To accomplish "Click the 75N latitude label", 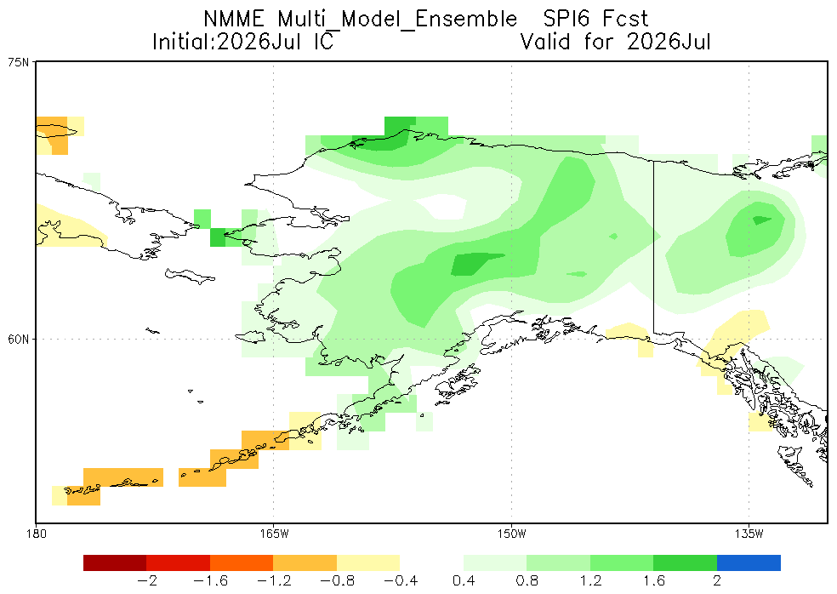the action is (19, 62).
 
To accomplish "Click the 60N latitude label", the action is (19, 340).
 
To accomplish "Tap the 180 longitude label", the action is (36, 533).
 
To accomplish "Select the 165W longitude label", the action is (274, 533).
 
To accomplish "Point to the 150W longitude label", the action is (511, 533).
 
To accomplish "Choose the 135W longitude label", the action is (749, 533).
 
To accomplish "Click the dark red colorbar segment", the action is (115, 563).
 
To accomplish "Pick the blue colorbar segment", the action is (749, 563).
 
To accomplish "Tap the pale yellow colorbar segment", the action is (368, 563).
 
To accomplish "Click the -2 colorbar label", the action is (147, 580).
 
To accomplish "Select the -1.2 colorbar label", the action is (274, 580).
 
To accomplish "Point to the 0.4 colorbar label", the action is (464, 580).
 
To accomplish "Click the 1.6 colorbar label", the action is (653, 580).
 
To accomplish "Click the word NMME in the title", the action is (234, 19).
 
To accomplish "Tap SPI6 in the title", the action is (567, 19).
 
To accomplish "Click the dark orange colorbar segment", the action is (242, 563).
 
